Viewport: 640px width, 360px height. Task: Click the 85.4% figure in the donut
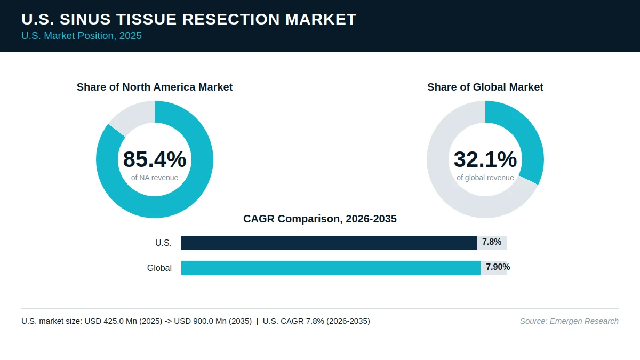(155, 159)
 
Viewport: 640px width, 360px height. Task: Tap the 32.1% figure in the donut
(485, 159)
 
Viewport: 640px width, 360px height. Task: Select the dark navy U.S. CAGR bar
(329, 243)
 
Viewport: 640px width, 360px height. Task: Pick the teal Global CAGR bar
(331, 268)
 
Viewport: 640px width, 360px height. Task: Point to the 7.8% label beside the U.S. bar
(492, 242)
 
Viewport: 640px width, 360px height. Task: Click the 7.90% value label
(498, 267)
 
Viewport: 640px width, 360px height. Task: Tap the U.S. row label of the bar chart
(163, 243)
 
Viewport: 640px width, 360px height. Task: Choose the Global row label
(159, 268)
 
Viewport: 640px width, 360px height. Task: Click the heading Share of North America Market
(155, 87)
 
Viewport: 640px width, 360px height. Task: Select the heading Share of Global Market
(485, 87)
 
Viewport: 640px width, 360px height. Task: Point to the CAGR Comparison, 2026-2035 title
(320, 219)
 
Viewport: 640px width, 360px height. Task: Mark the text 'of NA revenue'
(155, 178)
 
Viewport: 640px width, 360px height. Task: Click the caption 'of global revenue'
(485, 178)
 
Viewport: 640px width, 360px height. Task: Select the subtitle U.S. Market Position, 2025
(82, 36)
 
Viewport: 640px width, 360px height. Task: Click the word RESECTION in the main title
(231, 19)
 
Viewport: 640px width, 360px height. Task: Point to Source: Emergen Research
(569, 321)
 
